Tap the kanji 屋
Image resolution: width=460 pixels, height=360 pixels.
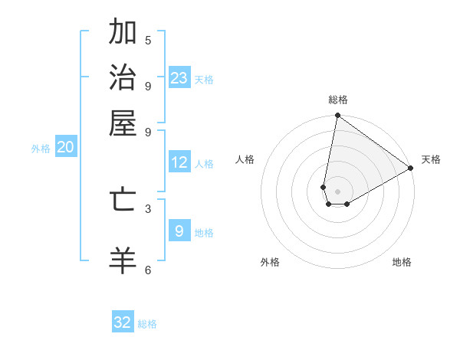pyautogui.click(x=123, y=122)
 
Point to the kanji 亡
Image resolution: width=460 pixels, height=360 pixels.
pyautogui.click(x=123, y=200)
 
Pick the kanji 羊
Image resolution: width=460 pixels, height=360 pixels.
pyautogui.click(x=123, y=260)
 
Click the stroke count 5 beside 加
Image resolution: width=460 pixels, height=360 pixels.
pyautogui.click(x=148, y=40)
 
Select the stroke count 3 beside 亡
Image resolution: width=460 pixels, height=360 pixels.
pyautogui.click(x=148, y=208)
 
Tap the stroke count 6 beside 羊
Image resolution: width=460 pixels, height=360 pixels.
pyautogui.click(x=148, y=270)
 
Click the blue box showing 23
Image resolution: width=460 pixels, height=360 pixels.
pyautogui.click(x=179, y=77)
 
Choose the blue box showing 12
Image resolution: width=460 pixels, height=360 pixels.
pyautogui.click(x=179, y=162)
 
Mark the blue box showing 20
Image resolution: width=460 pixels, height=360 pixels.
pyautogui.click(x=65, y=148)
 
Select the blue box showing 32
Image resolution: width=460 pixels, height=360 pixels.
pyautogui.click(x=123, y=322)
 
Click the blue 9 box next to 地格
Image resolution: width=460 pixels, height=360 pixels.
pyautogui.click(x=179, y=231)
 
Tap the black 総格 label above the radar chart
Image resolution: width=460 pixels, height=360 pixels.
pyautogui.click(x=338, y=100)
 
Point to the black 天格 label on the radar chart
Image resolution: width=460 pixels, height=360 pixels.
pyautogui.click(x=431, y=159)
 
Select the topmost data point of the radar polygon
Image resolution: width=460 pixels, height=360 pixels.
pyautogui.click(x=337, y=116)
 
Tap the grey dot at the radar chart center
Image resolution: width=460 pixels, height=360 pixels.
pyautogui.click(x=337, y=191)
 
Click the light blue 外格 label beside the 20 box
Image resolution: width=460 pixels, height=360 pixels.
pyautogui.click(x=41, y=149)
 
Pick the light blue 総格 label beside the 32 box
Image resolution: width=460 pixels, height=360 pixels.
pyautogui.click(x=147, y=324)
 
